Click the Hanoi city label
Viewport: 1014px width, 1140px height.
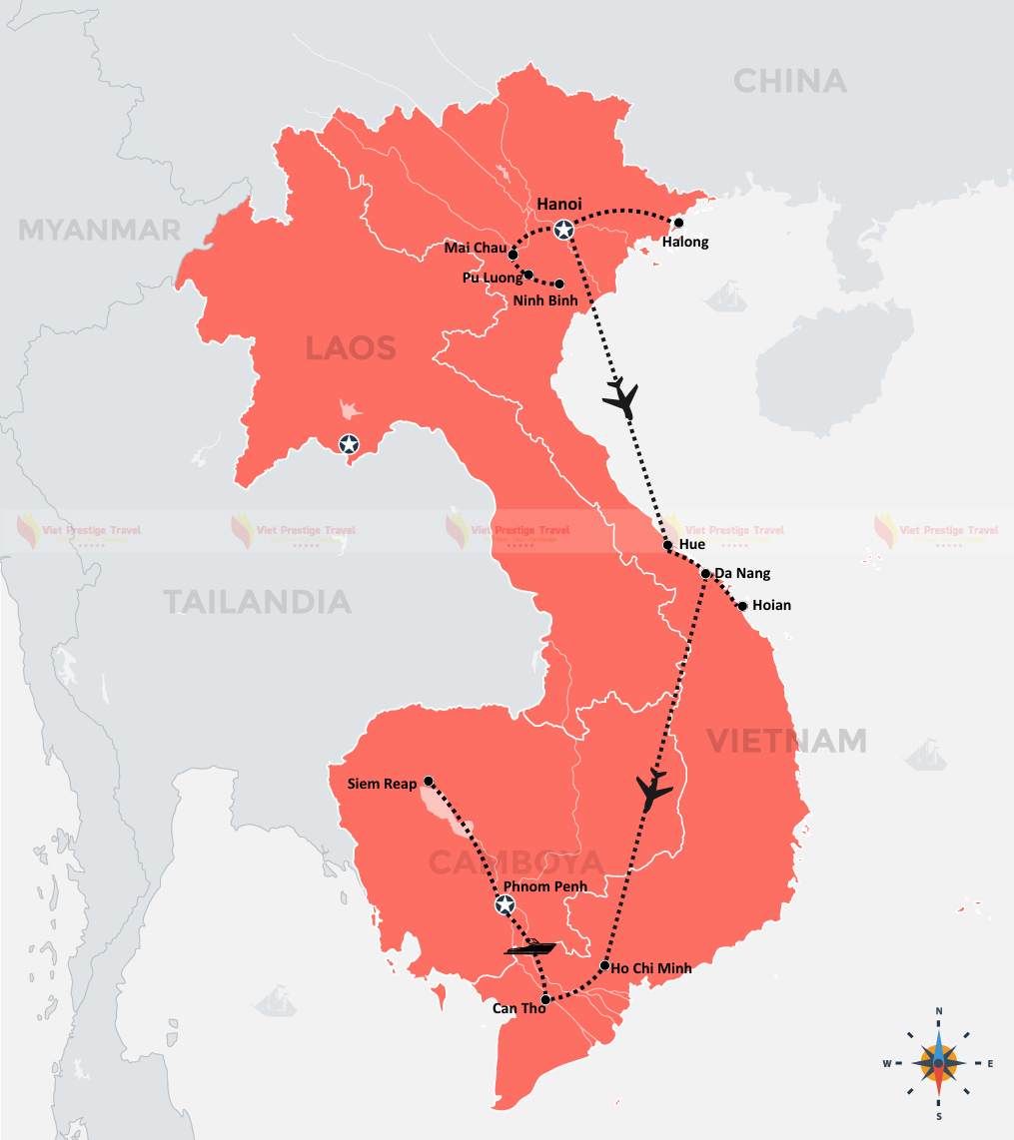click(559, 204)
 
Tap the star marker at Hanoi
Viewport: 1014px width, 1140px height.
click(564, 231)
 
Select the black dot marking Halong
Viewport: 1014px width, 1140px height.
click(678, 223)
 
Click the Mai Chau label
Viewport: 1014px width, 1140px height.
click(475, 249)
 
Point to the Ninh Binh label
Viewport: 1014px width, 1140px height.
click(544, 299)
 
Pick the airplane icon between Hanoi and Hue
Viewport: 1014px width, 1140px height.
click(620, 397)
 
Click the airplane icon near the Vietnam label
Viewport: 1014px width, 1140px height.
click(654, 790)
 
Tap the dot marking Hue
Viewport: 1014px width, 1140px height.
click(668, 546)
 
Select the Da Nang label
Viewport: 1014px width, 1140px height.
click(742, 574)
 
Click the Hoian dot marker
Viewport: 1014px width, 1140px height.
click(742, 606)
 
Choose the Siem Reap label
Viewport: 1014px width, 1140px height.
click(382, 784)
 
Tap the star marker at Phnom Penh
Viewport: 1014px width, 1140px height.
click(505, 905)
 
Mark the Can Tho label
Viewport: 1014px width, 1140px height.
click(518, 1008)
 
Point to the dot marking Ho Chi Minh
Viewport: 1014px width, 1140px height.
click(605, 966)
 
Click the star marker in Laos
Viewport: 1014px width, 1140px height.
click(349, 444)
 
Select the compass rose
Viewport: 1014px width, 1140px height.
click(938, 1062)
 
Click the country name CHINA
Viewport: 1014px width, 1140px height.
click(789, 81)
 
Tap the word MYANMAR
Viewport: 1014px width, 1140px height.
click(100, 230)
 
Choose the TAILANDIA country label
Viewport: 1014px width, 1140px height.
click(257, 602)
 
